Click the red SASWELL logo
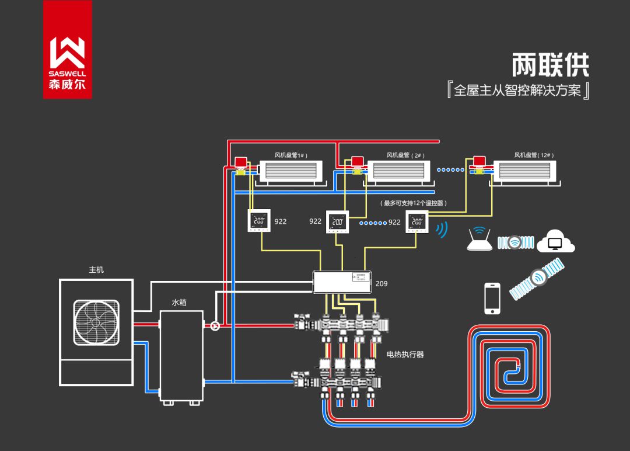(67, 50)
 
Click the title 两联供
(550, 65)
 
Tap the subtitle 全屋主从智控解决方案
(517, 91)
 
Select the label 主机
(96, 270)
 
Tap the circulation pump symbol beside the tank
(215, 325)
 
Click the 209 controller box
(342, 283)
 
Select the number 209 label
(381, 283)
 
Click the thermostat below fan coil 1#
(259, 221)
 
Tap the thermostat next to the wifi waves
(416, 222)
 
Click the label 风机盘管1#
(290, 155)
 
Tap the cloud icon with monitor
(555, 241)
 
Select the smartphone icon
(493, 298)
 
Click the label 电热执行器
(405, 354)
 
